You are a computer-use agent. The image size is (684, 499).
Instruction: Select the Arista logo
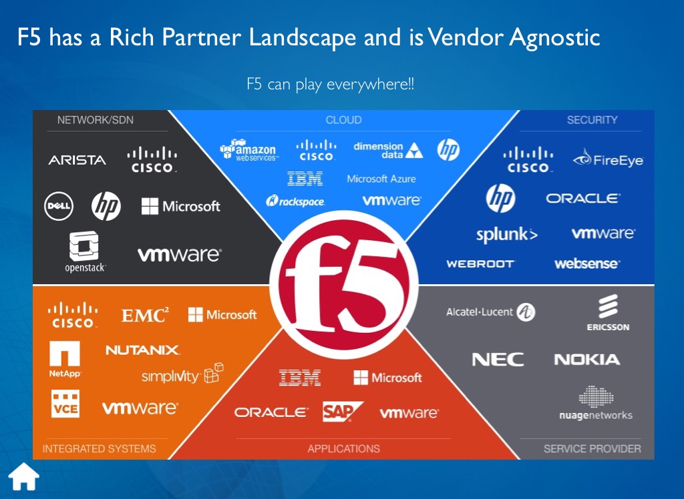click(77, 160)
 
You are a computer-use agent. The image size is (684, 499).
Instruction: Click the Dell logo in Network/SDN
click(58, 205)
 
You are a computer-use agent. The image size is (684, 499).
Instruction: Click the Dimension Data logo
click(388, 150)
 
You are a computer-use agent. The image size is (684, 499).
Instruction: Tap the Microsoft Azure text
click(381, 179)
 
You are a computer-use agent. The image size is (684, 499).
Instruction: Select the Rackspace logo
click(295, 200)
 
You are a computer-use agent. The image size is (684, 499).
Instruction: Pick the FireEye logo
click(608, 160)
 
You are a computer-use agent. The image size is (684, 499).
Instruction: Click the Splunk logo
click(507, 235)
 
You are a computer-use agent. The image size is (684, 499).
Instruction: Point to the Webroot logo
click(480, 264)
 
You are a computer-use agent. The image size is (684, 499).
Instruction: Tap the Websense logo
click(586, 264)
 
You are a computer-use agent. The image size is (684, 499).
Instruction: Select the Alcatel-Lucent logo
click(491, 312)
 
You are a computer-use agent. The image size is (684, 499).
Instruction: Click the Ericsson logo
click(608, 314)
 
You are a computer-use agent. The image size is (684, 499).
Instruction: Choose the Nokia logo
click(586, 360)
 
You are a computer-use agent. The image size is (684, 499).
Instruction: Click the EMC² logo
click(145, 315)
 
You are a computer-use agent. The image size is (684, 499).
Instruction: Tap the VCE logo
click(65, 404)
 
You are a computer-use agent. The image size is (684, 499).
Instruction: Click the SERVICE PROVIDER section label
click(592, 448)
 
